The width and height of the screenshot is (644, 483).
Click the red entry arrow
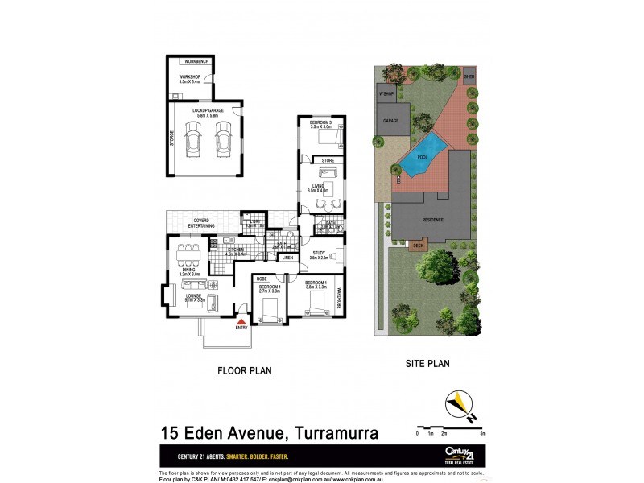[x=242, y=320]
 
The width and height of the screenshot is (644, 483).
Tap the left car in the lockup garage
[x=194, y=140]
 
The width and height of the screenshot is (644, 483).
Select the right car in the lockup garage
[x=223, y=140]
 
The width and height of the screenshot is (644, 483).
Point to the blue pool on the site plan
[x=424, y=155]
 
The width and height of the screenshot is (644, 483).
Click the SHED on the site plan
[x=469, y=77]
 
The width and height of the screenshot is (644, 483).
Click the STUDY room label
[x=317, y=253]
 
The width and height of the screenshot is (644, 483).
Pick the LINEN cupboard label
[x=287, y=258]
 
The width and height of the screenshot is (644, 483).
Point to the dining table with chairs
[x=190, y=255]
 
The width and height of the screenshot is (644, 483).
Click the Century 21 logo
[x=457, y=453]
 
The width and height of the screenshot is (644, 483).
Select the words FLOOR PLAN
[x=246, y=371]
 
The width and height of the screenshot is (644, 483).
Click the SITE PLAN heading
[x=426, y=363]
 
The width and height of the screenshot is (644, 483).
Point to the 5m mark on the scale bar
[x=482, y=433]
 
